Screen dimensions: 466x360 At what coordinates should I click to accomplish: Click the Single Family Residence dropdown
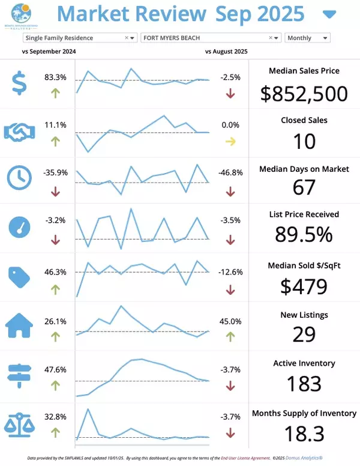[x=80, y=38]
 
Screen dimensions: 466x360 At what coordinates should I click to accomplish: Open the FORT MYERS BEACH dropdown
[x=211, y=38]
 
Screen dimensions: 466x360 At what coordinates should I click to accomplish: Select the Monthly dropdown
[x=307, y=38]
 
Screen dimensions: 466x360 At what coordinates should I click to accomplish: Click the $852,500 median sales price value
[x=304, y=94]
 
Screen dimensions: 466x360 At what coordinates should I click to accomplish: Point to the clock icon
[x=19, y=177]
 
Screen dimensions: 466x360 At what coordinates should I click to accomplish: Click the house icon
[x=19, y=325]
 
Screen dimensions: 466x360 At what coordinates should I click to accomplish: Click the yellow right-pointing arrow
[x=230, y=142]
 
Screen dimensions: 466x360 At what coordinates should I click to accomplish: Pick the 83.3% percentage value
[x=55, y=77]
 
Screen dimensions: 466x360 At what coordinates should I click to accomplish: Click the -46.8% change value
[x=231, y=172]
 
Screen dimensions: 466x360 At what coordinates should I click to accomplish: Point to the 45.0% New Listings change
[x=231, y=321]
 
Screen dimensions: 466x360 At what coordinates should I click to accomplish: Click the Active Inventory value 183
[x=304, y=383]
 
